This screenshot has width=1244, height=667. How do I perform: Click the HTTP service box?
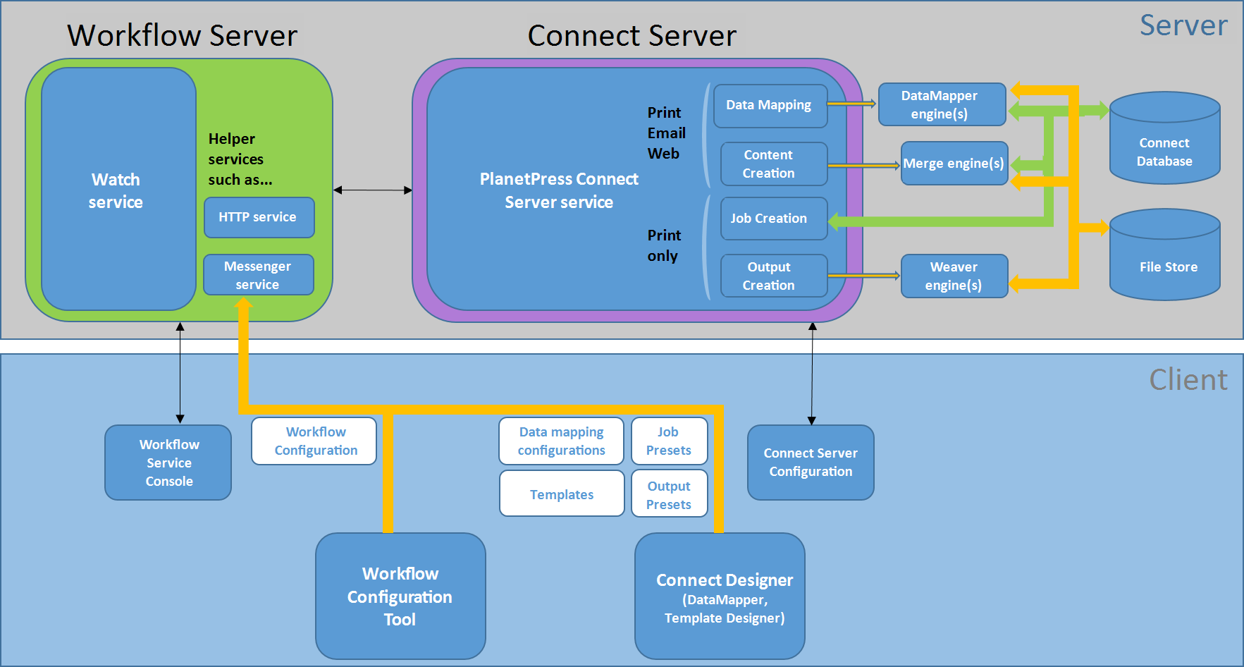point(259,217)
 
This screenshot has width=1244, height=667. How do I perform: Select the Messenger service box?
point(259,275)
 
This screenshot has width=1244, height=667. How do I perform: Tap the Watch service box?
point(118,189)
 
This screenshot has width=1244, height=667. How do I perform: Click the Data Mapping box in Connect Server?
point(770,106)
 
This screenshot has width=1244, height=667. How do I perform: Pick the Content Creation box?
point(774,164)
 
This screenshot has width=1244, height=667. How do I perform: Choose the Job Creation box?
point(774,219)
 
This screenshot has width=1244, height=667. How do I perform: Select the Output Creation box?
point(774,276)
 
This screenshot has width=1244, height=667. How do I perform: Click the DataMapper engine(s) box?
point(942,104)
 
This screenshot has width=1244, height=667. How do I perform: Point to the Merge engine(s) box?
point(954,164)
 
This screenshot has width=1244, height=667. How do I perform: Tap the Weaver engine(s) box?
point(954,276)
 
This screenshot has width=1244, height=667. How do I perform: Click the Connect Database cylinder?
point(1165,138)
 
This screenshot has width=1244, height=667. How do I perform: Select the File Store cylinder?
point(1165,255)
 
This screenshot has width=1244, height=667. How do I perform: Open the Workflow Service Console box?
point(168,463)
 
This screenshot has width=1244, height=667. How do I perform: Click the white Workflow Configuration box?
point(314,441)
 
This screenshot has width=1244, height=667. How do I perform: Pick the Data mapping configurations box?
point(562,441)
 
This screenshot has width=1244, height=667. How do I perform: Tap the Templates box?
point(562,494)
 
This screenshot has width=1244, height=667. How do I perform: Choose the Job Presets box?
point(670,441)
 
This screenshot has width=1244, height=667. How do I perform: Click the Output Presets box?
point(670,494)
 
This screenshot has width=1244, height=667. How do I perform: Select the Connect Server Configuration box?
point(811,463)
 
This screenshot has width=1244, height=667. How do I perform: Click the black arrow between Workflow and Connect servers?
point(373,190)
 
